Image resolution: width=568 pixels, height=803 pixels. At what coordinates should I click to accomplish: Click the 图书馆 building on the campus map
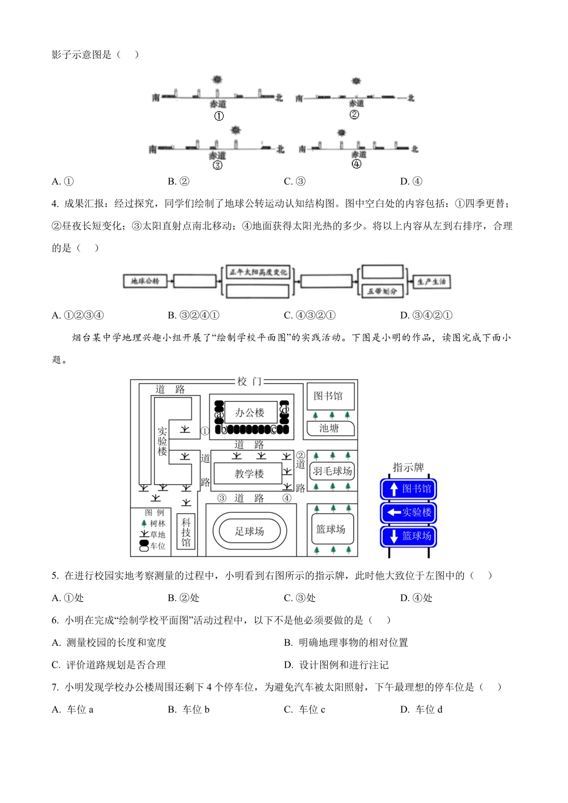[x=328, y=396]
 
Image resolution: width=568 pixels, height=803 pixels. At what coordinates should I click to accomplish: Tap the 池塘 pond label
[x=329, y=429]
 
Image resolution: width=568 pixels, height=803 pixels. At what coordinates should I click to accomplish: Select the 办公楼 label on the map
[x=249, y=413]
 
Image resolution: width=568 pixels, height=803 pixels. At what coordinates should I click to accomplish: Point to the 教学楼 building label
[x=249, y=474]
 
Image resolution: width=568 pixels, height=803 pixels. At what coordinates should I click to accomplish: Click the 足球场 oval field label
[x=249, y=531]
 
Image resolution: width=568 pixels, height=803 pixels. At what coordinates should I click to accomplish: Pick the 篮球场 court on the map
[x=331, y=529]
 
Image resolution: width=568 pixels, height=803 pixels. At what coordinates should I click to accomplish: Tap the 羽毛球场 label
[x=332, y=471]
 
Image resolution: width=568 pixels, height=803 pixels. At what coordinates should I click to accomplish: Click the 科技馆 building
[x=186, y=532]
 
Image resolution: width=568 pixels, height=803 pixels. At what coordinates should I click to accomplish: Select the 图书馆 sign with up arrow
[x=409, y=489]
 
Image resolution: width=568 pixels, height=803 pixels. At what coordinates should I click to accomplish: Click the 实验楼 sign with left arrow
[x=409, y=513]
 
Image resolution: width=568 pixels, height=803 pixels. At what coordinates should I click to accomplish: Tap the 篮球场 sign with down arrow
[x=409, y=536]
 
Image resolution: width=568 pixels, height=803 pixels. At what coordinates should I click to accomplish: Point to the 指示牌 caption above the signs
[x=408, y=467]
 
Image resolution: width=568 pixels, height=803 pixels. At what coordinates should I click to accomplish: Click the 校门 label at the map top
[x=249, y=381]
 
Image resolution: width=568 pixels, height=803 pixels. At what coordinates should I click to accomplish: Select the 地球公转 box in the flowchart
[x=145, y=281]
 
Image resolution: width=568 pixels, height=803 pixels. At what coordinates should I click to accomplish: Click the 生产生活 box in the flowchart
[x=431, y=282]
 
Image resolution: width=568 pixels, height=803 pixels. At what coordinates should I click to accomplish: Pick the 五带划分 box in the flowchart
[x=382, y=291]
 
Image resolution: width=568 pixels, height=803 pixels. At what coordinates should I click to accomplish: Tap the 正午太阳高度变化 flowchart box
[x=258, y=272]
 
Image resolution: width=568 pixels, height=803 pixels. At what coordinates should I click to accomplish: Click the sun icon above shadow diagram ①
[x=217, y=80]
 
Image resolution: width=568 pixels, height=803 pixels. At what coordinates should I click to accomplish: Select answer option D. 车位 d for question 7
[x=422, y=709]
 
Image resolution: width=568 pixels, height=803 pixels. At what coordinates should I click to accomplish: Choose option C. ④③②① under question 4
[x=310, y=315]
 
